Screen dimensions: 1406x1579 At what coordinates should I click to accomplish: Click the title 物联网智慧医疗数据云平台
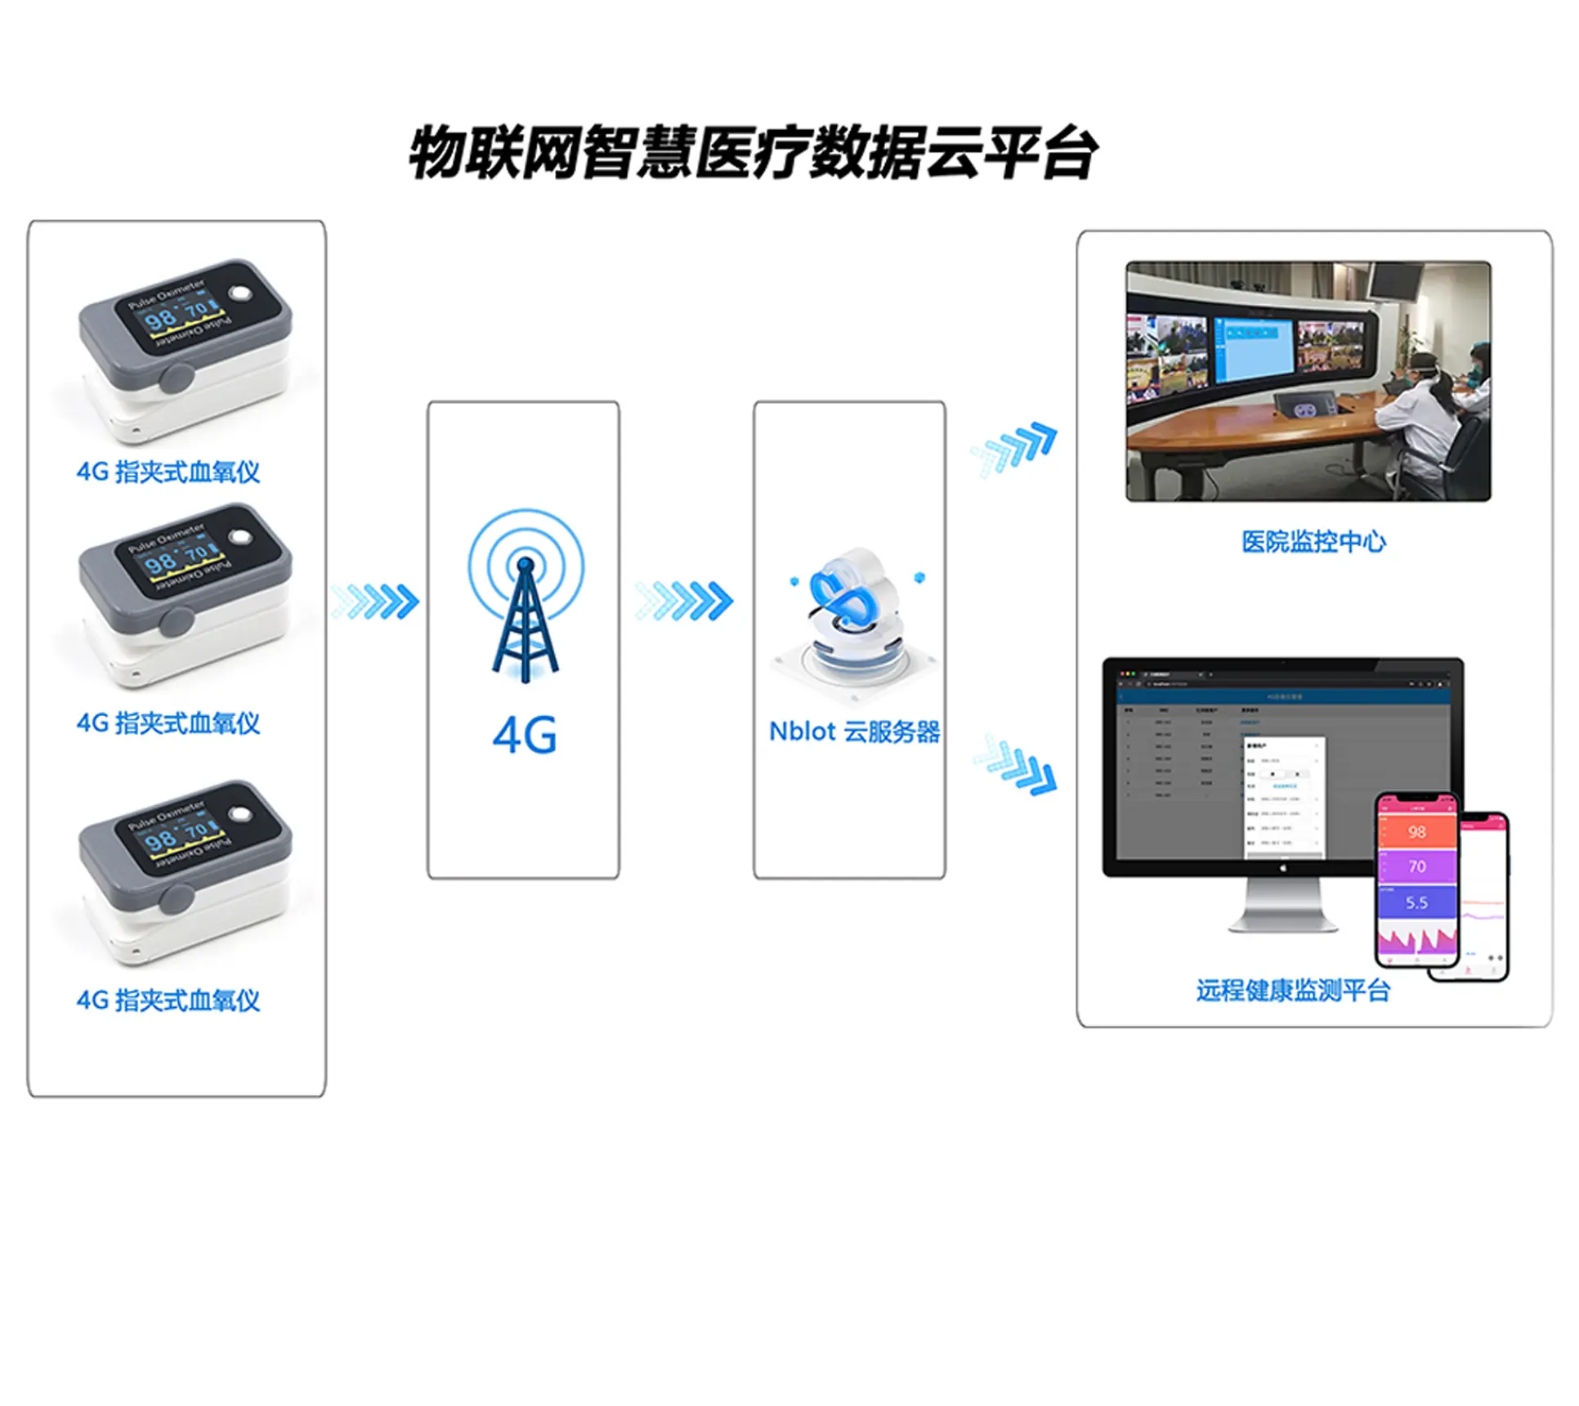point(752,153)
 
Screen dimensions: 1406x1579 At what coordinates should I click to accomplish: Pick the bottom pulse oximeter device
point(184,871)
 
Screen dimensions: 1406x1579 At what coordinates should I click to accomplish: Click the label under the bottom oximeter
point(168,1001)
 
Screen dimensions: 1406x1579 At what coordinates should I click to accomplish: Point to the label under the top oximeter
point(168,472)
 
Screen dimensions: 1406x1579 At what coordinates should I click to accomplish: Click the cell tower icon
point(526,597)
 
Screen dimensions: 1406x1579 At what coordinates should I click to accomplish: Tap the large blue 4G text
point(525,736)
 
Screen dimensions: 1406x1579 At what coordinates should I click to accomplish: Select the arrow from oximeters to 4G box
point(377,602)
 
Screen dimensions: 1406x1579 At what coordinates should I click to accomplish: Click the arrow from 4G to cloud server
point(685,601)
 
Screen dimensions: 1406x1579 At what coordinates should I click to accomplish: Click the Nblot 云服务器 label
point(854,732)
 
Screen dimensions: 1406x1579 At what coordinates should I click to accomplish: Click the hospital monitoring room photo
point(1308,381)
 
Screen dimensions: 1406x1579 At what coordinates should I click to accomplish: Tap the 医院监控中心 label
point(1313,541)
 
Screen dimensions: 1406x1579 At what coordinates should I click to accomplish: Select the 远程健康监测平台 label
point(1293,991)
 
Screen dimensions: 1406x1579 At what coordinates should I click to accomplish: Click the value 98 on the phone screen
point(1417,832)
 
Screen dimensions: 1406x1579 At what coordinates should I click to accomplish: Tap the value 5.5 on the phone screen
point(1417,903)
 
